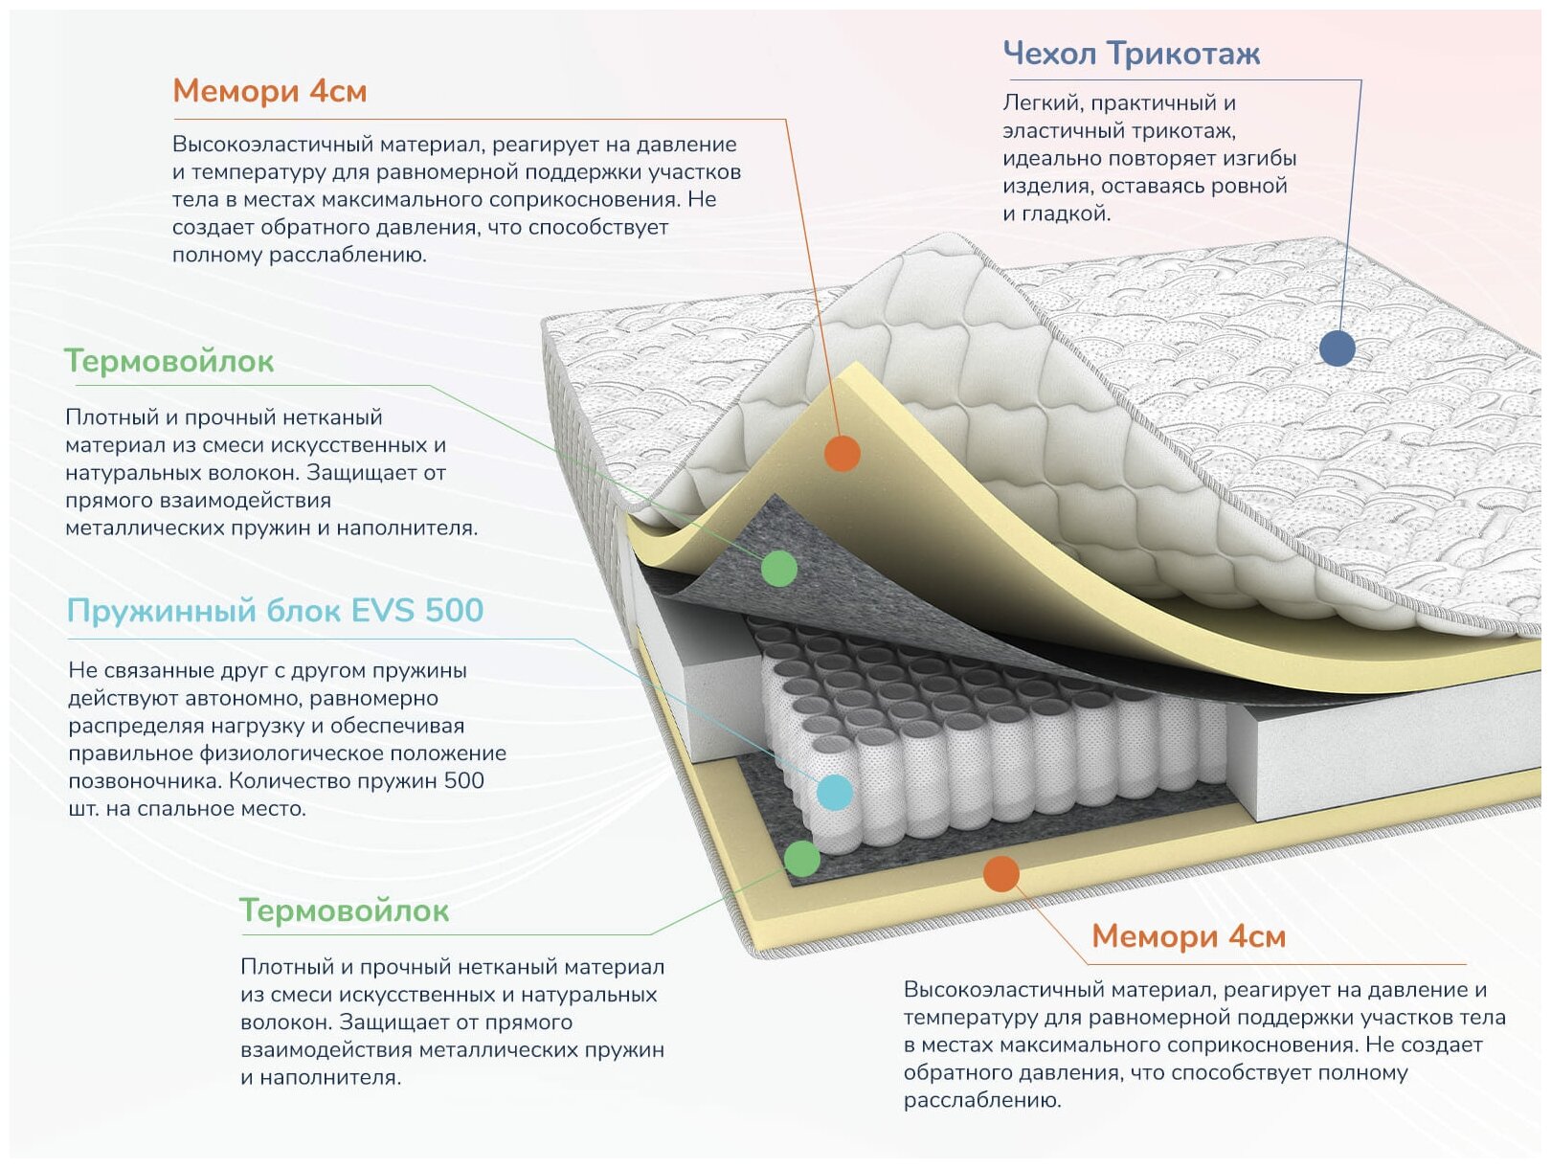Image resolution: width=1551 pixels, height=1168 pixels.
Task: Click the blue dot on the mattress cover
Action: (1337, 348)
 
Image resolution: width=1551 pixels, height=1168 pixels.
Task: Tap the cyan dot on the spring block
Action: (835, 792)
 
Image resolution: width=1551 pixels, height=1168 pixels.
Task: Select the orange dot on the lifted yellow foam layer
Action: (842, 453)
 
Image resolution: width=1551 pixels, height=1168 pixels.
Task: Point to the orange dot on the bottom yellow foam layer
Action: (1000, 873)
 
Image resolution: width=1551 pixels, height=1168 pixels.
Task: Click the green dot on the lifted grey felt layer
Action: (778, 568)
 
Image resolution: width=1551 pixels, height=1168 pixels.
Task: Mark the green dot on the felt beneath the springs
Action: (801, 858)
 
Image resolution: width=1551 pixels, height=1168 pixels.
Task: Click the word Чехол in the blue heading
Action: (1049, 54)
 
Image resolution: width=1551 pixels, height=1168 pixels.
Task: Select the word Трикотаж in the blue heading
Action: (1184, 54)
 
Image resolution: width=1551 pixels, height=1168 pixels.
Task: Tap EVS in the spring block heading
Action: (383, 611)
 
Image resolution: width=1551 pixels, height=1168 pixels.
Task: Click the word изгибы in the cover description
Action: (1259, 158)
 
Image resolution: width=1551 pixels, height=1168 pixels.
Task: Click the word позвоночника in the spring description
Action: (145, 781)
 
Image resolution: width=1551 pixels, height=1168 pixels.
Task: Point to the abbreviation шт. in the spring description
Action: (83, 809)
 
